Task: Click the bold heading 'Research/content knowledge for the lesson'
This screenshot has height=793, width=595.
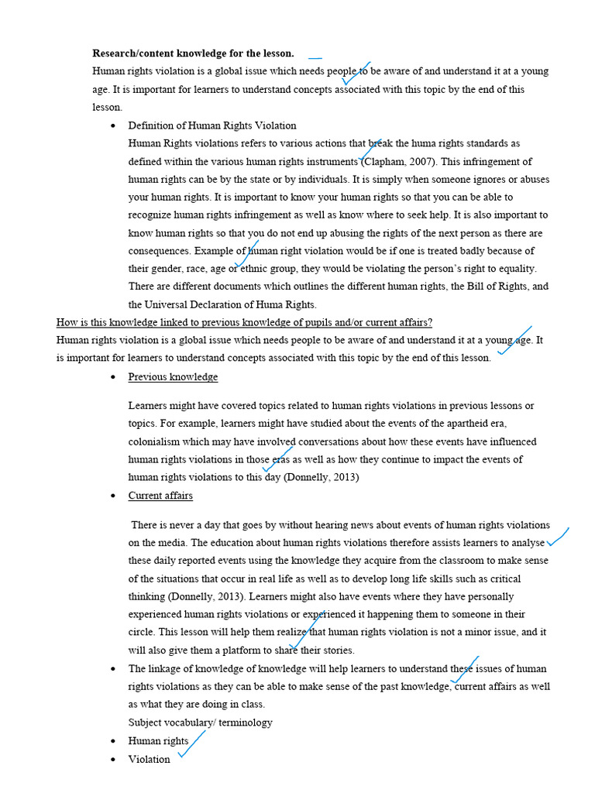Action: pos(193,53)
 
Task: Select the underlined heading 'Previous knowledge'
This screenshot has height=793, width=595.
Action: pos(173,377)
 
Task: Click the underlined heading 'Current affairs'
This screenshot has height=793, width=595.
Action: pos(160,496)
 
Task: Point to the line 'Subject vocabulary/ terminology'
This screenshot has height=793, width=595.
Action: pos(200,723)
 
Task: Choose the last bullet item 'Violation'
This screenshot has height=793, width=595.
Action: pos(149,759)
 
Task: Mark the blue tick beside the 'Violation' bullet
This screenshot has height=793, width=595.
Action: pos(191,743)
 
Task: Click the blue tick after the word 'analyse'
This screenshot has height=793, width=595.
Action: pos(558,537)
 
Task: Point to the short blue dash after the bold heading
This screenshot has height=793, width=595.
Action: pos(315,57)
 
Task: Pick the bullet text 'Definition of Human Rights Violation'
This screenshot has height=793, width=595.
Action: pos(212,125)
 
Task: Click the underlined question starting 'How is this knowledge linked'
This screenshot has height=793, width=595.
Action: pos(244,322)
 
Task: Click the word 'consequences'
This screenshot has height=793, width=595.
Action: pos(159,251)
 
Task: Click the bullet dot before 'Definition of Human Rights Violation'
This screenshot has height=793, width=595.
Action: pos(114,125)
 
